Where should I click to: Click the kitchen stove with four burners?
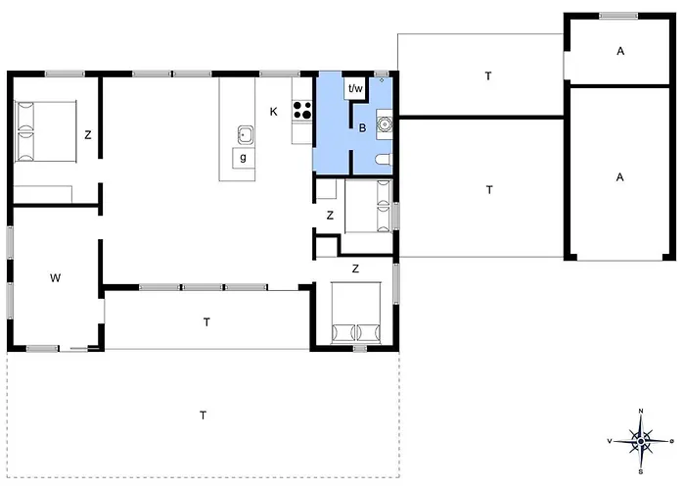302,110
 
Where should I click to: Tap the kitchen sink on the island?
246,135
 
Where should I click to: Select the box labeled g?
243,158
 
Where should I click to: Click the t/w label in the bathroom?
355,89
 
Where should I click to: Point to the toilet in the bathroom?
384,160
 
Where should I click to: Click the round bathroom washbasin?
385,124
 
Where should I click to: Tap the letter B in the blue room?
362,128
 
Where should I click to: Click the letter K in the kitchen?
273,112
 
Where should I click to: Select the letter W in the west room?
55,277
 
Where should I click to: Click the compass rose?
641,441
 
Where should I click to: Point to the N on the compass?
641,411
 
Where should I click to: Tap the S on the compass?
641,472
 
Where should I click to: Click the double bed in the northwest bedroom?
45,131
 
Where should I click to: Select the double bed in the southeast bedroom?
356,313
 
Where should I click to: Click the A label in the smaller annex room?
620,51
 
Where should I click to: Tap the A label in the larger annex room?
619,177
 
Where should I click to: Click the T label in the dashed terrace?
204,416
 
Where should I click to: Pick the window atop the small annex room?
618,16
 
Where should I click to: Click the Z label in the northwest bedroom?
88,135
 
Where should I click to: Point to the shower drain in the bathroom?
382,80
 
